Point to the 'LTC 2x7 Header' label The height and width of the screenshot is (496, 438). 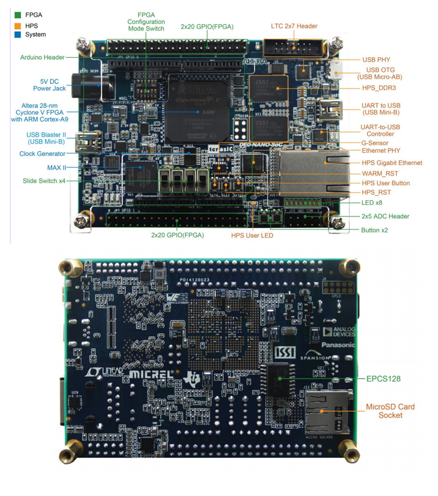pyautogui.click(x=294, y=26)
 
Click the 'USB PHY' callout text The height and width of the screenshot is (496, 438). pyautogui.click(x=376, y=60)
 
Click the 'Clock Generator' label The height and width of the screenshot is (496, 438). pyautogui.click(x=41, y=154)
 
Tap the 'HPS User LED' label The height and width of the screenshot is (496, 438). pyautogui.click(x=252, y=235)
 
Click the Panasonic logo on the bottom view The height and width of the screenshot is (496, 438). pyautogui.click(x=338, y=345)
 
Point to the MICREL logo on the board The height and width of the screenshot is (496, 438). pyautogui.click(x=150, y=374)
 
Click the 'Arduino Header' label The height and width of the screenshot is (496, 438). pyautogui.click(x=42, y=57)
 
